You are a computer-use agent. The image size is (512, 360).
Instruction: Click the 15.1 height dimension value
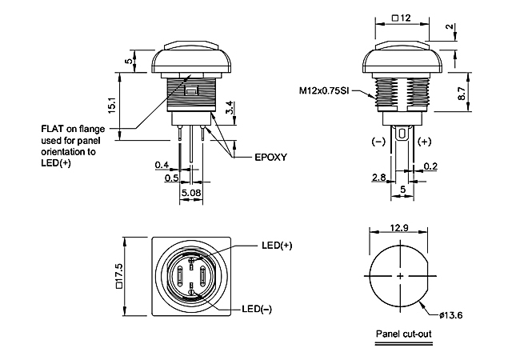(x=112, y=105)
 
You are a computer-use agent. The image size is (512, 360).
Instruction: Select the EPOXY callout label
(x=270, y=158)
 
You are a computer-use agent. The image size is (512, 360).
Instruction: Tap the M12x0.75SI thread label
(x=324, y=90)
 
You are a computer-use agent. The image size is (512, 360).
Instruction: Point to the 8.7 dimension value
(x=462, y=94)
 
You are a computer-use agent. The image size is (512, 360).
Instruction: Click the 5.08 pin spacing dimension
(x=191, y=193)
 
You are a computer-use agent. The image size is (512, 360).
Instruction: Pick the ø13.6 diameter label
(x=450, y=315)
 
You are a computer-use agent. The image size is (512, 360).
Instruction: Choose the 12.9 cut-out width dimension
(x=399, y=227)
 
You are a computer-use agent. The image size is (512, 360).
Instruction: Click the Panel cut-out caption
(x=403, y=334)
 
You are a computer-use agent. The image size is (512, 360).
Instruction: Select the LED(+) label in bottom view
(x=277, y=246)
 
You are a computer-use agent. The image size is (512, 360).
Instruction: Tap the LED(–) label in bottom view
(x=257, y=309)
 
